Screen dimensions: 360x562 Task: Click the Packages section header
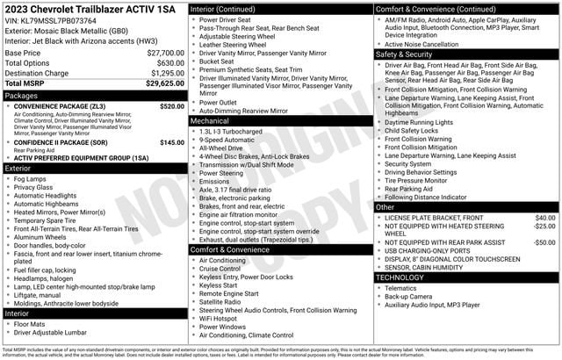[23, 95]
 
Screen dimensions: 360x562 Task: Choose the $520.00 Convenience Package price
[172, 106]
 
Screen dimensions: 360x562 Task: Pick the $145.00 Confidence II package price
[172, 142]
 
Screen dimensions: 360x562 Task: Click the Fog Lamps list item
[32, 179]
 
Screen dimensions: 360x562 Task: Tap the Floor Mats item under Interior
[32, 324]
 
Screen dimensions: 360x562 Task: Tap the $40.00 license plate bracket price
[544, 217]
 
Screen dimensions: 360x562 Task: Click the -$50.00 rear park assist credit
[544, 242]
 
